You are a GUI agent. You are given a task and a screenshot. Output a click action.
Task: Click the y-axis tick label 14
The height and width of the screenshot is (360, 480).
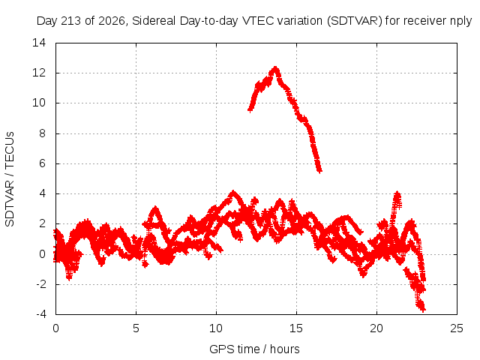(39, 43)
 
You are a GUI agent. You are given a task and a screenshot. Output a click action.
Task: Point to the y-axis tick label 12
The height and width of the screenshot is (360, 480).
(39, 73)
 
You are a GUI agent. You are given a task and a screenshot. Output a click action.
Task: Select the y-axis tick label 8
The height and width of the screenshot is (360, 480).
(42, 133)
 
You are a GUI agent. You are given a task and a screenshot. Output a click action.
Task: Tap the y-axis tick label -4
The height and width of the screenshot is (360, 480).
(41, 314)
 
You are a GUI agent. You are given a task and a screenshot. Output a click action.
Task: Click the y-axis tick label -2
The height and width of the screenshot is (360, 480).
(41, 284)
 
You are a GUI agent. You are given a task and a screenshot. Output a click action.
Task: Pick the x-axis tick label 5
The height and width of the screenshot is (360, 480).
(136, 328)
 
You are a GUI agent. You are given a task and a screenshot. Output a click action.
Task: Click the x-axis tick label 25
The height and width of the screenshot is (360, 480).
(457, 328)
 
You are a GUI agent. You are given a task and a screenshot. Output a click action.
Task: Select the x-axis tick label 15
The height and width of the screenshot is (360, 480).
(296, 328)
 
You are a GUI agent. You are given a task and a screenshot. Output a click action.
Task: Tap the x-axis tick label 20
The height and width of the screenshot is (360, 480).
(376, 328)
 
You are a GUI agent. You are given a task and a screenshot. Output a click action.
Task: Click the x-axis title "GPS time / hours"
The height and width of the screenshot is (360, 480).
(254, 349)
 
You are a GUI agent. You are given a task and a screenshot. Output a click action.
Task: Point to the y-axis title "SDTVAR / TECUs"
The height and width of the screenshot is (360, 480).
(10, 179)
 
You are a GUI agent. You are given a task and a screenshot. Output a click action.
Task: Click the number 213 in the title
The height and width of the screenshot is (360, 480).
(71, 21)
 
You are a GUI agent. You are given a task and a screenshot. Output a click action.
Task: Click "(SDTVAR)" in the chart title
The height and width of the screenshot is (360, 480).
(355, 21)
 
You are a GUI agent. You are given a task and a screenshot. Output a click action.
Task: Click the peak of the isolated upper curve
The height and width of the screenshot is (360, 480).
(275, 68)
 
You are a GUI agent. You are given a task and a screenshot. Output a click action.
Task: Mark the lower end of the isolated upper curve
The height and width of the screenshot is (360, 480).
(319, 172)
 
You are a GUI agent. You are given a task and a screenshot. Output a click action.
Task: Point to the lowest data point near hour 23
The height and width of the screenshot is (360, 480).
(423, 310)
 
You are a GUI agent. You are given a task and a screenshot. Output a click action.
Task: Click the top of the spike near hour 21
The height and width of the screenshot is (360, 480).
(397, 193)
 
